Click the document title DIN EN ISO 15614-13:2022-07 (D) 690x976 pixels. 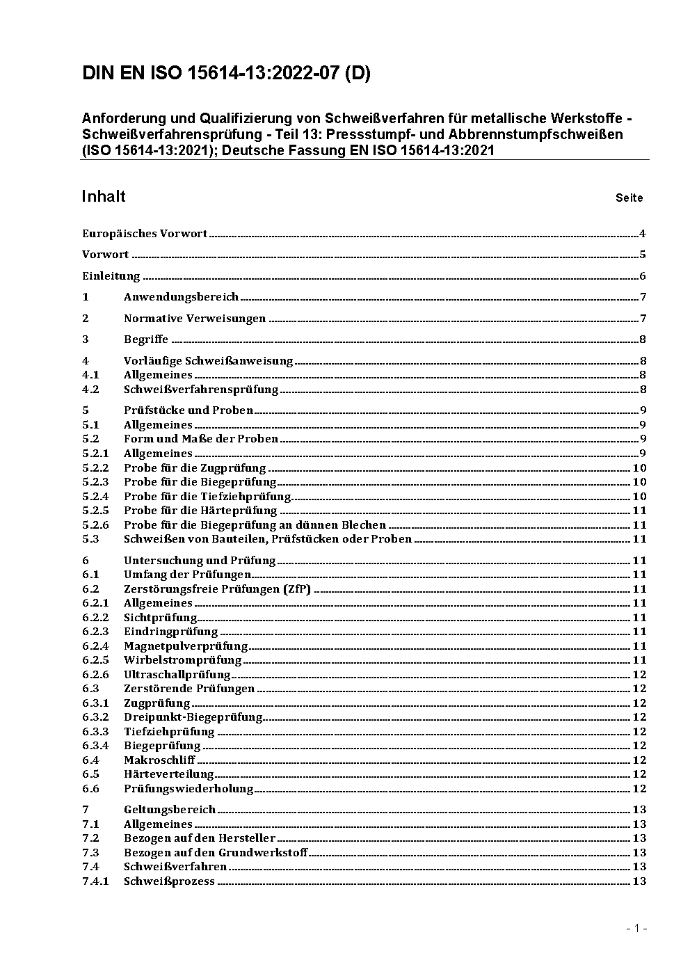click(x=226, y=73)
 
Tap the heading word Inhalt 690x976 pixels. click(x=104, y=196)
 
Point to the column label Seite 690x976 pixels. click(x=629, y=198)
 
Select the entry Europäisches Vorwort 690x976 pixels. click(x=145, y=234)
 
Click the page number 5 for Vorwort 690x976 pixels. click(x=643, y=255)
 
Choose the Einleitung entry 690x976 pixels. click(x=111, y=276)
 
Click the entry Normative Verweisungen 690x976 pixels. click(x=195, y=319)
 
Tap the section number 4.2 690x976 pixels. click(x=90, y=390)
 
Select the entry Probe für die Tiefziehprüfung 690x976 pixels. click(x=207, y=497)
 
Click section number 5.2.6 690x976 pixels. click(x=95, y=525)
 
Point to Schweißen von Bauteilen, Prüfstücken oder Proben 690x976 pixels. click(x=268, y=539)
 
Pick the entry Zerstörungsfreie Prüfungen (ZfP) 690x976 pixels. click(x=217, y=589)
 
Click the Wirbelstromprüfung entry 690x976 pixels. click(x=182, y=660)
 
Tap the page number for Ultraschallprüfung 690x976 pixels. click(x=639, y=675)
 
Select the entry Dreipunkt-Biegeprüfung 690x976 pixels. click(x=193, y=717)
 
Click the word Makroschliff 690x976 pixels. click(x=159, y=760)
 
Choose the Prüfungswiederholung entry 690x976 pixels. click(x=188, y=789)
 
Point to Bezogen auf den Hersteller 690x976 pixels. click(x=200, y=838)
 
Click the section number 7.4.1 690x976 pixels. click(x=95, y=881)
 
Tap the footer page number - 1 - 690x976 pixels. click(x=636, y=928)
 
